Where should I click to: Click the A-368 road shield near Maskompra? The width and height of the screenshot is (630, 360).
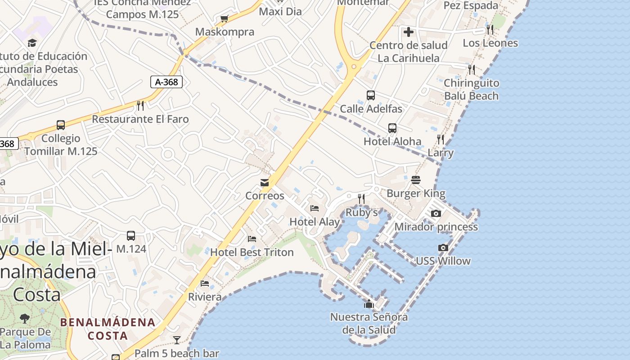(x=166, y=82)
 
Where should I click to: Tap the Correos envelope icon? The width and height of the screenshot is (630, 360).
(x=265, y=183)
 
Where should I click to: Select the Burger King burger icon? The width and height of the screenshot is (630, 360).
(x=416, y=180)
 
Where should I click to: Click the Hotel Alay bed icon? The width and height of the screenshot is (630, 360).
(x=315, y=208)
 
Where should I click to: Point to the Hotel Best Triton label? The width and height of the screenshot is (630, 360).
(x=252, y=252)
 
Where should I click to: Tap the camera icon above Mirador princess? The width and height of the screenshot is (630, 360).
(x=436, y=213)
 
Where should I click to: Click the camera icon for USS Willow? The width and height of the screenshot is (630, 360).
(x=443, y=247)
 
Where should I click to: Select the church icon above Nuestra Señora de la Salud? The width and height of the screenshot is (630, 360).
(x=369, y=304)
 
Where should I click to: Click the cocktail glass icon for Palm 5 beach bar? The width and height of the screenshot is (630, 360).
(x=177, y=340)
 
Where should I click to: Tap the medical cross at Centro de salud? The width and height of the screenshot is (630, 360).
(x=409, y=32)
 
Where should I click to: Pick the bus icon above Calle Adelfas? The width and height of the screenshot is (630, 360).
(x=371, y=95)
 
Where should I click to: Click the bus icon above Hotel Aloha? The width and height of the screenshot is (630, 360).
(x=392, y=128)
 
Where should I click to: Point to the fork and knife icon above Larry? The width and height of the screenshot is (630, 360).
(x=441, y=139)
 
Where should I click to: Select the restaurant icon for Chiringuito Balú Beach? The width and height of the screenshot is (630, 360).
(x=471, y=69)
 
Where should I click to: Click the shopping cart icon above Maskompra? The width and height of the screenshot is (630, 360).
(x=224, y=19)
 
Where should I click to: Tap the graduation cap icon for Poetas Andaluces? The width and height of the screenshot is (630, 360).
(x=32, y=43)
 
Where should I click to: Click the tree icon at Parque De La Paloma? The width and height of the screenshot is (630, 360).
(x=25, y=319)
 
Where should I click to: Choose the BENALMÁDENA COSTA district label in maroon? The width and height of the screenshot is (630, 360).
(x=108, y=329)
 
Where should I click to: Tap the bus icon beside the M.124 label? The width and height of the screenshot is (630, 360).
(x=131, y=236)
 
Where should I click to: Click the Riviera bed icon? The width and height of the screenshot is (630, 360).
(x=205, y=283)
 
